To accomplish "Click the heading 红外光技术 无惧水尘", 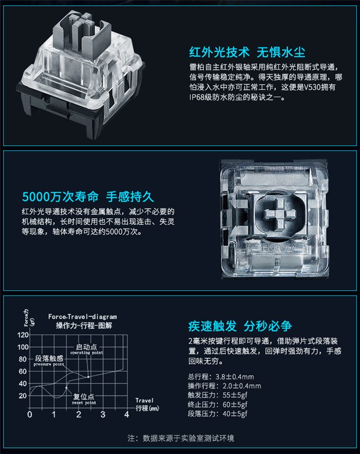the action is [x=247, y=52].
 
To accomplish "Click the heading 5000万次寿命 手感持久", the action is [x=88, y=197].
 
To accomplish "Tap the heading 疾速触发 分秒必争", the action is [x=240, y=326].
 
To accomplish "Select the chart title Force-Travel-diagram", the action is [x=82, y=317].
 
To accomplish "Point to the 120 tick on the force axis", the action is [x=23, y=335].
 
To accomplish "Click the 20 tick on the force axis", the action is [x=23, y=396].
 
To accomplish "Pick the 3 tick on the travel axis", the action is [x=103, y=415].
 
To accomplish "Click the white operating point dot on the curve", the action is [x=88, y=377].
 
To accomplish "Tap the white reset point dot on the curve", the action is [x=66, y=388].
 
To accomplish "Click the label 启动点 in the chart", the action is [x=86, y=346].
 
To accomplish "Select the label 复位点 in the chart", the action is [x=84, y=396].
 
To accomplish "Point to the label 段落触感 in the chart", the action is [x=49, y=358].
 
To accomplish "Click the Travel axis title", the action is [x=145, y=400].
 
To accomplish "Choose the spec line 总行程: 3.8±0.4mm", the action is [x=221, y=377].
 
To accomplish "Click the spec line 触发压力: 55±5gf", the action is [x=218, y=395].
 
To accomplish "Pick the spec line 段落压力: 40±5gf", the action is [x=218, y=413].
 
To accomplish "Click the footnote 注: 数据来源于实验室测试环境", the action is [x=181, y=438].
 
